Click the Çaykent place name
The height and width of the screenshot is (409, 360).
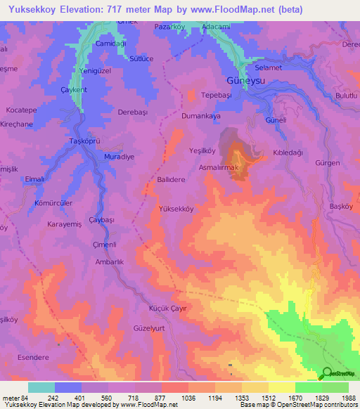point(73,90)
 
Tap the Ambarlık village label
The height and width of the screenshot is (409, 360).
point(109,261)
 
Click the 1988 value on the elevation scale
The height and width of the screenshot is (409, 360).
point(349,398)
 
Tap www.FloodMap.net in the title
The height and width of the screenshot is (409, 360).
point(243,9)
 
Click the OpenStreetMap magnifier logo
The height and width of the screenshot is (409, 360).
point(326,373)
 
